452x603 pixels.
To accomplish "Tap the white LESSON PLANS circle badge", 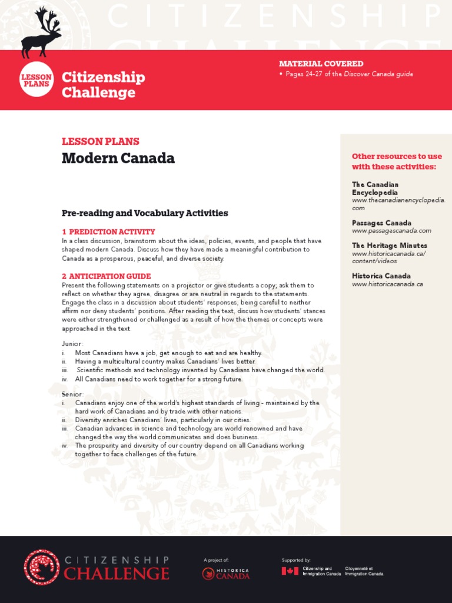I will (37, 80).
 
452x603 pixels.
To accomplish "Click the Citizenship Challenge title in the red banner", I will (103, 85).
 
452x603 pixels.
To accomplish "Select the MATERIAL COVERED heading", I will (321, 64).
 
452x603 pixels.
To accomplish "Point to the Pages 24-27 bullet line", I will (348, 74).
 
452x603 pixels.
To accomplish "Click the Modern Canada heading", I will (118, 158).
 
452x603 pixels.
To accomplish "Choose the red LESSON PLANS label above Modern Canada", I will (100, 141).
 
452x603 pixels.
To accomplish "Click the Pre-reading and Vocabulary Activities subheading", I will (145, 213).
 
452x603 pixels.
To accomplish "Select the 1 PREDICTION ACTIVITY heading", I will (108, 232).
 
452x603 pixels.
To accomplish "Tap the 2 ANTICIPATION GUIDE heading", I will (106, 276).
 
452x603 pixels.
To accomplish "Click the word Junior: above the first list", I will (73, 343).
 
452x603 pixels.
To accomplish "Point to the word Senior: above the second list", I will (73, 393).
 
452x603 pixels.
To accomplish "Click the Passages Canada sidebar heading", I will (381, 223).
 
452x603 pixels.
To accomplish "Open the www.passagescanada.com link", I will (391, 231).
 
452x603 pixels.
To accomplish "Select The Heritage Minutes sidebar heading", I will (390, 246).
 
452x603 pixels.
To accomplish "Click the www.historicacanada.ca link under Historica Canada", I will (387, 284).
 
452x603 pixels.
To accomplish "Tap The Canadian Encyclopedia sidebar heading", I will (375, 188).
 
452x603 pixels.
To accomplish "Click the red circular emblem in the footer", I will (41, 567).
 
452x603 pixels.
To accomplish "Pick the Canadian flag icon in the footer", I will (290, 571).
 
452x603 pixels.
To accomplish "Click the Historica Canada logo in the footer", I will (225, 574).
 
